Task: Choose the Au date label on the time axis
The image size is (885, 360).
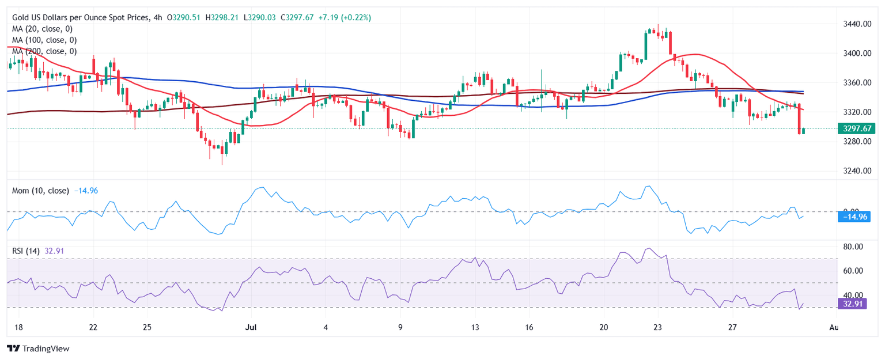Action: click(x=833, y=327)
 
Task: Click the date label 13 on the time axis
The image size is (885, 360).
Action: click(x=474, y=327)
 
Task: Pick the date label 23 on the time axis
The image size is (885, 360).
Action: click(x=657, y=327)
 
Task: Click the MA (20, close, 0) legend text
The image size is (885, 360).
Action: click(x=44, y=29)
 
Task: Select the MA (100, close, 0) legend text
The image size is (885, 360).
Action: click(x=46, y=40)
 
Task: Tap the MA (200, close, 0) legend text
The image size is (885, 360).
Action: click(x=46, y=51)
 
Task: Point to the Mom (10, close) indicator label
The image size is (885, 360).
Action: click(x=40, y=191)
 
